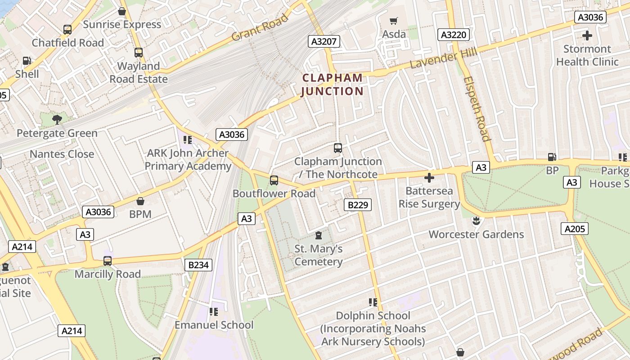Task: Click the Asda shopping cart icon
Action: (x=394, y=21)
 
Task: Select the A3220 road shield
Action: (x=454, y=35)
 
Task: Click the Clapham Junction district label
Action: (x=332, y=85)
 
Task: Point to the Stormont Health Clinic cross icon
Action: (x=587, y=35)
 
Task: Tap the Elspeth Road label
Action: (x=477, y=108)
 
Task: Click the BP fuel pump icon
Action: (x=552, y=157)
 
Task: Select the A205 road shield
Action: (x=575, y=229)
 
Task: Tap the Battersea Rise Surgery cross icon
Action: (x=429, y=178)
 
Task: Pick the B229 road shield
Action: (x=358, y=205)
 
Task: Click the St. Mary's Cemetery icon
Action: (x=319, y=235)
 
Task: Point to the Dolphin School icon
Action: (x=373, y=302)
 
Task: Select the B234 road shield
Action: (x=198, y=265)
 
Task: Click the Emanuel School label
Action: (x=214, y=325)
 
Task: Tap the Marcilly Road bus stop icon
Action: (x=108, y=261)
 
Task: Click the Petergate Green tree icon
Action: (x=57, y=119)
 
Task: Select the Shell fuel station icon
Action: (x=27, y=60)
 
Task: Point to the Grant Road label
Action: (x=260, y=28)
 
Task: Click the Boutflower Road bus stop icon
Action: (x=274, y=180)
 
